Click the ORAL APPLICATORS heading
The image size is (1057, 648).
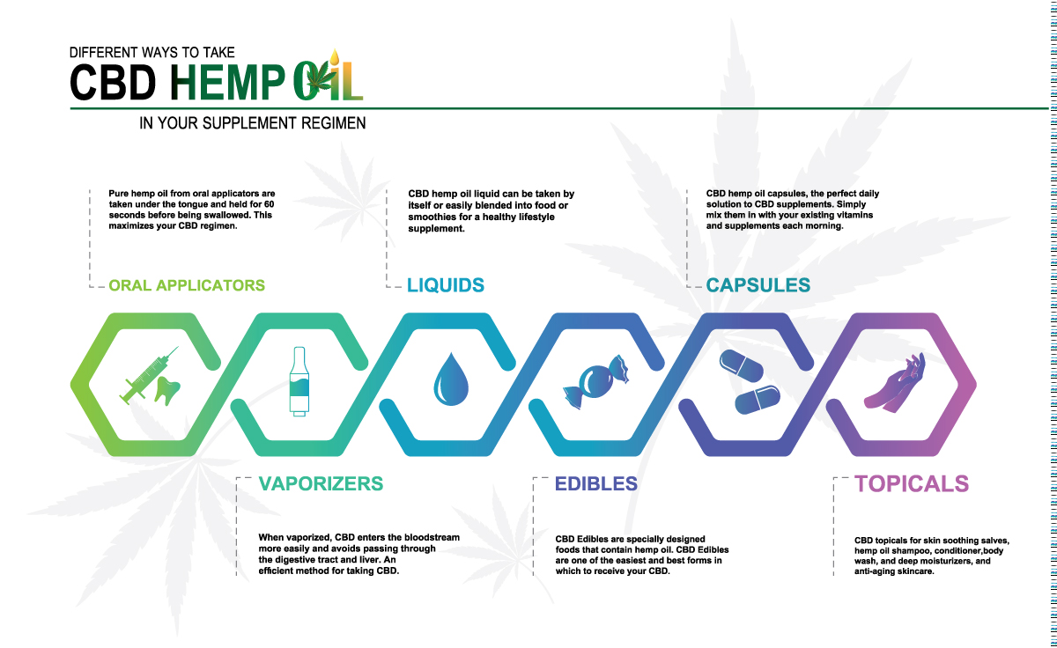coord(187,285)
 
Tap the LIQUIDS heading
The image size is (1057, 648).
coord(446,285)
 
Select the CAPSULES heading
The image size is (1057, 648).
coord(758,285)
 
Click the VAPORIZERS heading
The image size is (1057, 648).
coord(321,484)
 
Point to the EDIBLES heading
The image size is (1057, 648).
coord(596,484)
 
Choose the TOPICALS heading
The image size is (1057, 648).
coord(912,484)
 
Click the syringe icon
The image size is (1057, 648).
coord(148,375)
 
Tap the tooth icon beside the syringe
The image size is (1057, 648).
coord(167,391)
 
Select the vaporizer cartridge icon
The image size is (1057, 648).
coord(299,381)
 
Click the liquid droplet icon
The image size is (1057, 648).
coord(451,379)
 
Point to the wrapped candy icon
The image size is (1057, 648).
coord(596,382)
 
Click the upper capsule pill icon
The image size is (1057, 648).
coord(741,365)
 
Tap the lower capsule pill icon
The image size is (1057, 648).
coord(758,400)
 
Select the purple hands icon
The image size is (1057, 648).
coord(895,383)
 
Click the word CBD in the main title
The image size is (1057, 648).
coord(113,83)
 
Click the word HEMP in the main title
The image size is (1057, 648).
coord(227,83)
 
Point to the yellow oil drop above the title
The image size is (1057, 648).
coord(335,56)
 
